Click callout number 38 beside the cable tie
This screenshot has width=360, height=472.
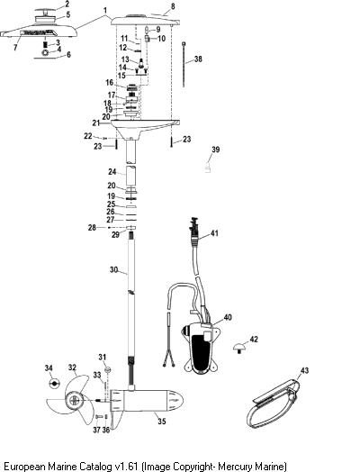click(198, 59)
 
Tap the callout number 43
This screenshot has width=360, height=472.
click(304, 370)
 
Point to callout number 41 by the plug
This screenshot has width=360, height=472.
click(214, 233)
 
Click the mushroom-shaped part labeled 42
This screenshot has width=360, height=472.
click(239, 348)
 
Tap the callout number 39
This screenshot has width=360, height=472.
click(216, 150)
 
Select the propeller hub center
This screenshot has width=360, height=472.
click(75, 400)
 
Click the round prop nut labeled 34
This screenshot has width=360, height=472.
click(54, 383)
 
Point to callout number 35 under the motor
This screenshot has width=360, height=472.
click(162, 422)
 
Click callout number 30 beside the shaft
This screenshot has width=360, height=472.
click(113, 269)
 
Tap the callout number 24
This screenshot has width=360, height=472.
click(112, 171)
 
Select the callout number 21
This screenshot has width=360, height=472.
click(96, 123)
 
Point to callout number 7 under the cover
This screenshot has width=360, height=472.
click(15, 48)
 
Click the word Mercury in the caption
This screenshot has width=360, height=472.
click(237, 466)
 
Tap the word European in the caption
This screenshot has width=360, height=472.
click(24, 466)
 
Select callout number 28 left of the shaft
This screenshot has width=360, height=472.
click(92, 228)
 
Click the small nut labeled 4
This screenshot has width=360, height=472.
click(45, 52)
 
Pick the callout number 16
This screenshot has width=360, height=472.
click(109, 83)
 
